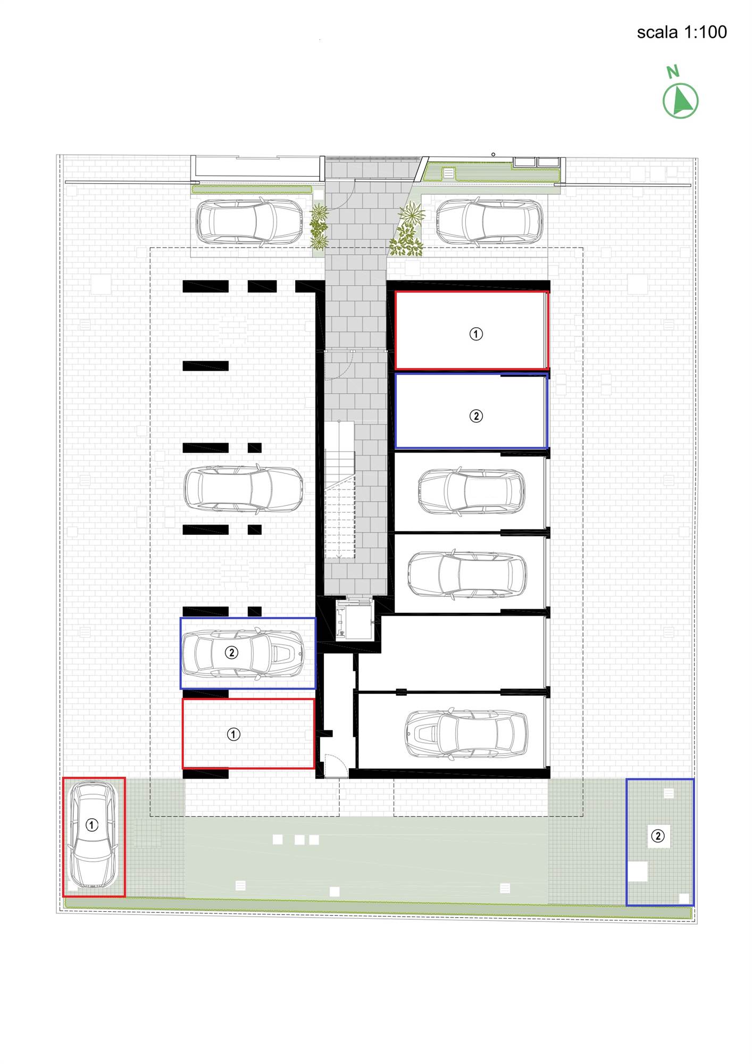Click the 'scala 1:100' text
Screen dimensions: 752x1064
682,32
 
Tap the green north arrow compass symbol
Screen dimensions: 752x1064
680,101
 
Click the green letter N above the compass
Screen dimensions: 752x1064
673,71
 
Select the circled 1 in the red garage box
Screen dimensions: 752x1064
475,334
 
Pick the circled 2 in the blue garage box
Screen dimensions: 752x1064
475,415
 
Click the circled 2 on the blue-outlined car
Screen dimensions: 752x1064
231,652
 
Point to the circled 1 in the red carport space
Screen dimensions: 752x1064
233,734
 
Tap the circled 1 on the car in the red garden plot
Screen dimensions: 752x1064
92,825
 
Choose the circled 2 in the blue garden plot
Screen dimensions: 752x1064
658,836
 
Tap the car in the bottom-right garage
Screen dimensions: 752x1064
466,734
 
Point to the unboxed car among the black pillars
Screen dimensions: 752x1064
244,489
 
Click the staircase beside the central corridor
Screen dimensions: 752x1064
339,489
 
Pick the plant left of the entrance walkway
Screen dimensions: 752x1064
319,226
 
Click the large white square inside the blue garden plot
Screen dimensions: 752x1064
638,871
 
